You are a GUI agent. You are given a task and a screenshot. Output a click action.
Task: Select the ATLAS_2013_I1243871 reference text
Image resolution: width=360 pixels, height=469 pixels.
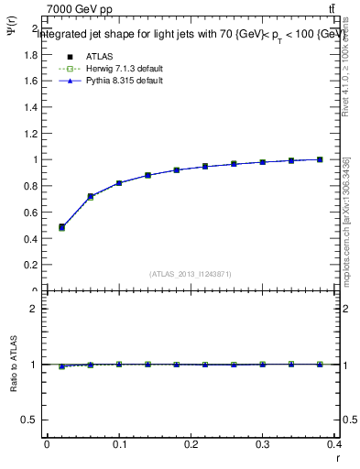coord(190,274)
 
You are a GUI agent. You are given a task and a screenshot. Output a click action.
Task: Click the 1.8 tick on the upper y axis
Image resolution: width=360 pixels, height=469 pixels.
coord(30,54)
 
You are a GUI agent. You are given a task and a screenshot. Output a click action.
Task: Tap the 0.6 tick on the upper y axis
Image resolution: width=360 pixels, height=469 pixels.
coord(30,213)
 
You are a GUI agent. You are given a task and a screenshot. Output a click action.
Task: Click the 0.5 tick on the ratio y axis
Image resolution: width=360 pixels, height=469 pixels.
coord(30,420)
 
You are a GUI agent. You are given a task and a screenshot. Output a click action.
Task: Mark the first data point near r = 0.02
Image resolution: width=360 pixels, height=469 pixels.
coord(61,227)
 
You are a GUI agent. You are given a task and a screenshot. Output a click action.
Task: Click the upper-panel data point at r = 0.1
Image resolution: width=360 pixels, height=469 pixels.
coord(119,183)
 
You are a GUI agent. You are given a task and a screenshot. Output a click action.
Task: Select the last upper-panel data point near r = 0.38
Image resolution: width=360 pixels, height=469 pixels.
coord(320,159)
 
